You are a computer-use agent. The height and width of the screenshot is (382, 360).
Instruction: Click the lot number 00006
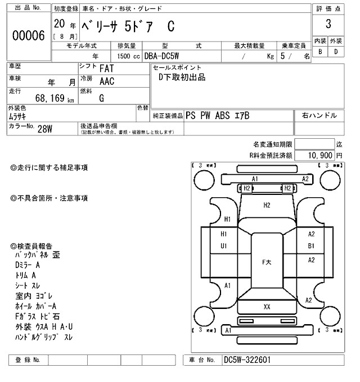pos(28,35)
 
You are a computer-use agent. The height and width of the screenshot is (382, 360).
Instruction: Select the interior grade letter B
pos(320,52)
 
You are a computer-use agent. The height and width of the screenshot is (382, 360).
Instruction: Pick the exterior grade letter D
pos(336,52)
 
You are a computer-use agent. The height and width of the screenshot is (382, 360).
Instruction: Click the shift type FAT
pos(108,69)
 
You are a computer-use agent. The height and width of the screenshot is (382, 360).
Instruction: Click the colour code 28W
pos(46,128)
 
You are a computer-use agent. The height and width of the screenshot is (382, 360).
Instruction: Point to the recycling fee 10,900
pos(319,154)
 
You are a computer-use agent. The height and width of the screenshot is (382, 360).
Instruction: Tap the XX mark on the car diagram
pos(267,306)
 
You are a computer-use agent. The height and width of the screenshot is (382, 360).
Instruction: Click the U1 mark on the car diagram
pos(223,245)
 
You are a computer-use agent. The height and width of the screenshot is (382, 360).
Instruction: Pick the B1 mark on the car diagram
pos(310,245)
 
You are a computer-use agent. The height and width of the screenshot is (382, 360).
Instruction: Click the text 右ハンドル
pos(319,115)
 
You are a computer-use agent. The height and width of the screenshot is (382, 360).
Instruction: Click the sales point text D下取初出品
pos(182,78)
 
